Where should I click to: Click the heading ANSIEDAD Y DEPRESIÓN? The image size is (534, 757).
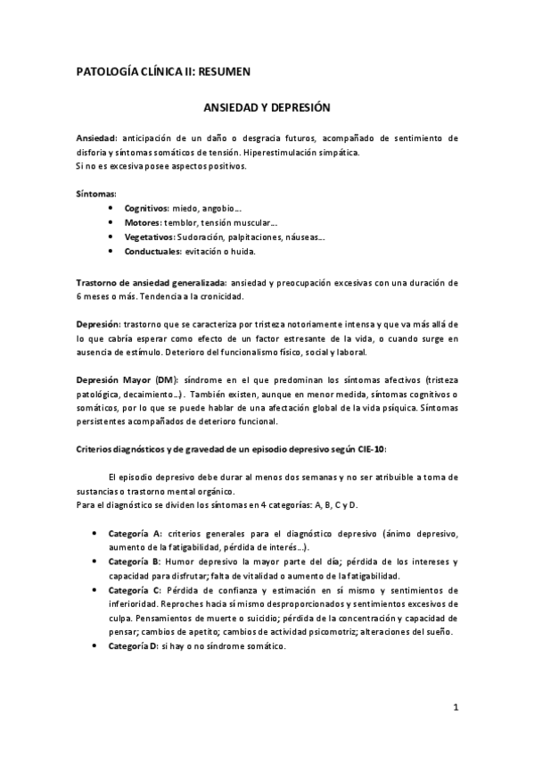click(x=268, y=108)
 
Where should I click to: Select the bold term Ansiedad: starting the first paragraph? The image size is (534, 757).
click(x=98, y=138)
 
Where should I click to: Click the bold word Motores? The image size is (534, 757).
click(x=143, y=222)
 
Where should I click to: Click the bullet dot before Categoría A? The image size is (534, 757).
click(x=96, y=533)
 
